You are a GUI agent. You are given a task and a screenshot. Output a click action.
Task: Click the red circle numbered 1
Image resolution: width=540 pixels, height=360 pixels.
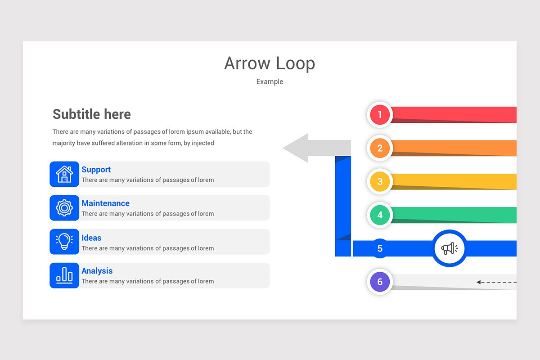(380, 115)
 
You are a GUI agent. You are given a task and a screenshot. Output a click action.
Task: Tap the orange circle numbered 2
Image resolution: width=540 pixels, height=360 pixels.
(380, 148)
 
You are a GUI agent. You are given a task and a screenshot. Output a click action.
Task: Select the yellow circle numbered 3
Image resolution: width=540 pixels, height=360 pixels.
(380, 181)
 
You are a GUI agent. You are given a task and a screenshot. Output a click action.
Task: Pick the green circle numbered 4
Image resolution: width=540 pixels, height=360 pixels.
(380, 215)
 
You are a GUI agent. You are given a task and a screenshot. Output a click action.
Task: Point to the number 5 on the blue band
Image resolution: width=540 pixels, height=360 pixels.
(380, 248)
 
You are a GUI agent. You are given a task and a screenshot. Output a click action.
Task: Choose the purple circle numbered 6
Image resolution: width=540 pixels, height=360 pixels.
(380, 282)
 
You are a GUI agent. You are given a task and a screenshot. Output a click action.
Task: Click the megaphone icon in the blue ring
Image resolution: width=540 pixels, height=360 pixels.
(449, 248)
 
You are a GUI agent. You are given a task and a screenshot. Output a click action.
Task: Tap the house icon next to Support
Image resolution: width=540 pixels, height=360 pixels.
(64, 174)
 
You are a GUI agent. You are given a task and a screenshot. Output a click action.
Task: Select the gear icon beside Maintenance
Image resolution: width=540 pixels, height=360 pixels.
(64, 208)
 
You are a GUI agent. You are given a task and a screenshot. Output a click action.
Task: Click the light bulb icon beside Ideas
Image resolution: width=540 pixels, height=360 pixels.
(64, 242)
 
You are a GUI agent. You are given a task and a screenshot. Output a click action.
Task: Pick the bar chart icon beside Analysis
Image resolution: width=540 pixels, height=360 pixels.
(64, 275)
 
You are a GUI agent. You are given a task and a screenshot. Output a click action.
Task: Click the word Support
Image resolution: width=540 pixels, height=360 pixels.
(96, 170)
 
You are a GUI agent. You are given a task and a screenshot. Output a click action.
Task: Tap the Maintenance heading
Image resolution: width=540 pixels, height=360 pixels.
(105, 203)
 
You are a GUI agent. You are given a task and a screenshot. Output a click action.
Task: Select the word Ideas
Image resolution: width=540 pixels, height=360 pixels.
(91, 238)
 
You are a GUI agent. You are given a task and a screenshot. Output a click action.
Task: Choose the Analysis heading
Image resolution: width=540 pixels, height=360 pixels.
(97, 271)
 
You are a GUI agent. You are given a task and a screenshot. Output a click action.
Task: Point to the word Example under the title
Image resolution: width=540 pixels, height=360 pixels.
(270, 81)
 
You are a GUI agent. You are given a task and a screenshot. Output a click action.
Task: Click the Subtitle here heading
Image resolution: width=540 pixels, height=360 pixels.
(92, 114)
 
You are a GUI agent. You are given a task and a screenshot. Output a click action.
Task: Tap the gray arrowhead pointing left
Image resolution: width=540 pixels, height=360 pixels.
(297, 148)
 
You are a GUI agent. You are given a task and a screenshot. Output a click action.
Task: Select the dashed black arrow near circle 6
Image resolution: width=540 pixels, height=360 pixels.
(495, 282)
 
